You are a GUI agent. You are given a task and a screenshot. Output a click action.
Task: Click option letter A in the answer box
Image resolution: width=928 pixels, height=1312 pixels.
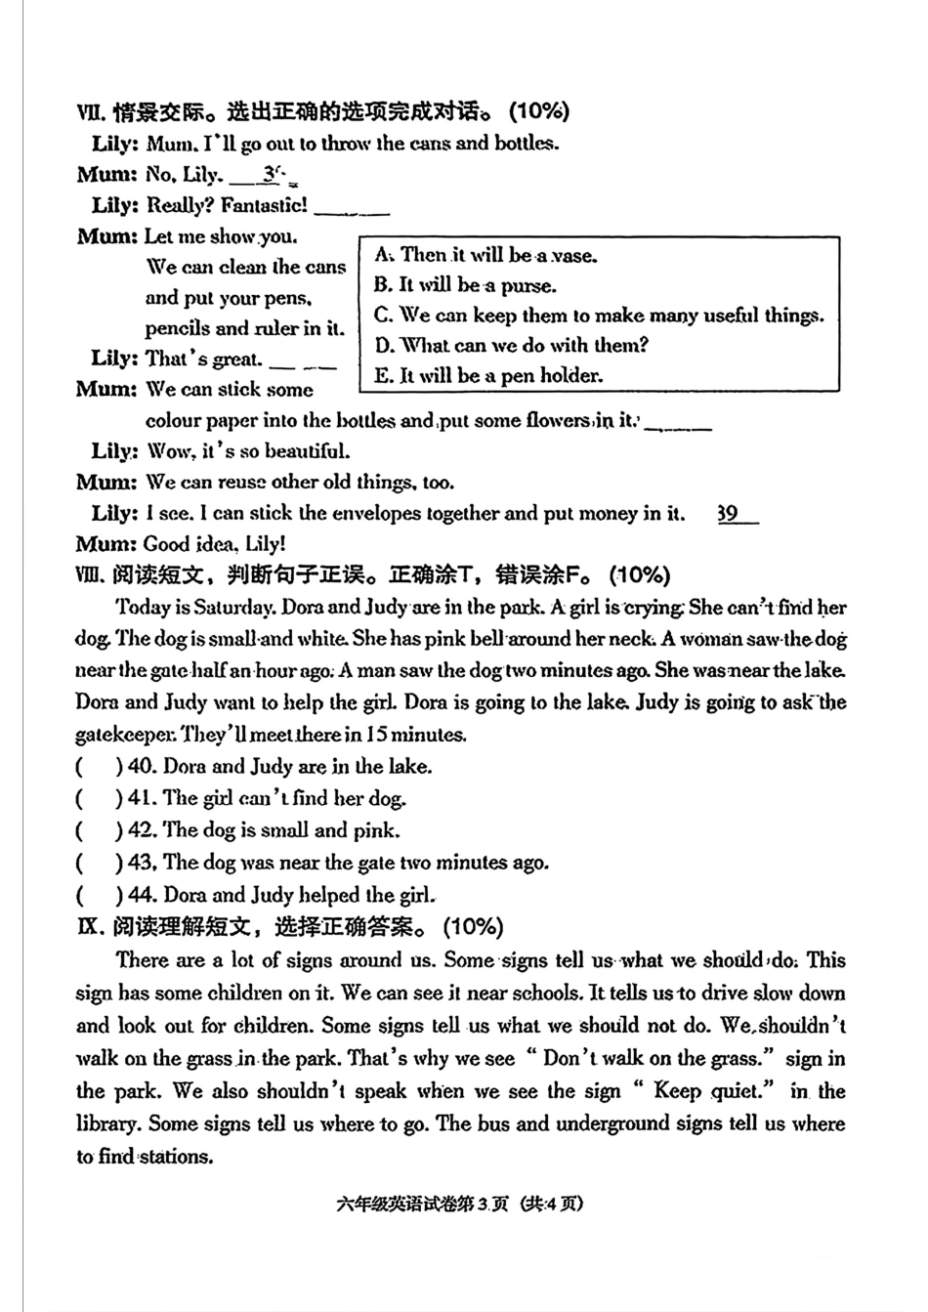tap(382, 255)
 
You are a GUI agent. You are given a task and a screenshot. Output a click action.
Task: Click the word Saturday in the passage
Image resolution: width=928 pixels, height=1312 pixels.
tap(234, 607)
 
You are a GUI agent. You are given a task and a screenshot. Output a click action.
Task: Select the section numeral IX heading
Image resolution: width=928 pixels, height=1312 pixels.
tap(89, 926)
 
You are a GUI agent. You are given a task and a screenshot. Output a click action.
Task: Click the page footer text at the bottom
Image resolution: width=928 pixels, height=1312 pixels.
tap(458, 1203)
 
